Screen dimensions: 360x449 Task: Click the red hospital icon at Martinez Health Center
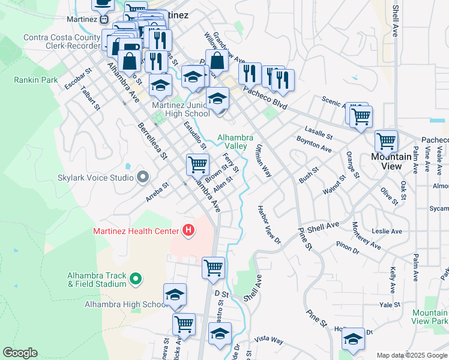188,230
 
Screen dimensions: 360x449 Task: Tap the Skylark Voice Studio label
97,177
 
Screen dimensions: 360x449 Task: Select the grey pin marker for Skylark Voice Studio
142,176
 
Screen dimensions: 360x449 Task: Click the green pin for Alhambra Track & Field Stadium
136,278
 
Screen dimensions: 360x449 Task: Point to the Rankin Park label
36,79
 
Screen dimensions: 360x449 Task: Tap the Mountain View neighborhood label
390,161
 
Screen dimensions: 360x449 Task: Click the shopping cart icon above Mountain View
386,142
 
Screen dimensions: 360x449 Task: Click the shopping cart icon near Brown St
197,164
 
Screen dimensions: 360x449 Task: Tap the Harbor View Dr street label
269,225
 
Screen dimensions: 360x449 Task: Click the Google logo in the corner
20,353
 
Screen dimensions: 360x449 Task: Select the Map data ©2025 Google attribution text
412,355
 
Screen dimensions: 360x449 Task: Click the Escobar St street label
78,80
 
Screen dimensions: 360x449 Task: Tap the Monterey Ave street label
367,235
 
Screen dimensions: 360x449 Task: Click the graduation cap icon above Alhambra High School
175,295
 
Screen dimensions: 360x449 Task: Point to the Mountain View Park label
429,317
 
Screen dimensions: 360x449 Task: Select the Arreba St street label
158,194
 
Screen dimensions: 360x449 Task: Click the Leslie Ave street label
387,231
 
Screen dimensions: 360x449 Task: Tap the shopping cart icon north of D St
213,268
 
